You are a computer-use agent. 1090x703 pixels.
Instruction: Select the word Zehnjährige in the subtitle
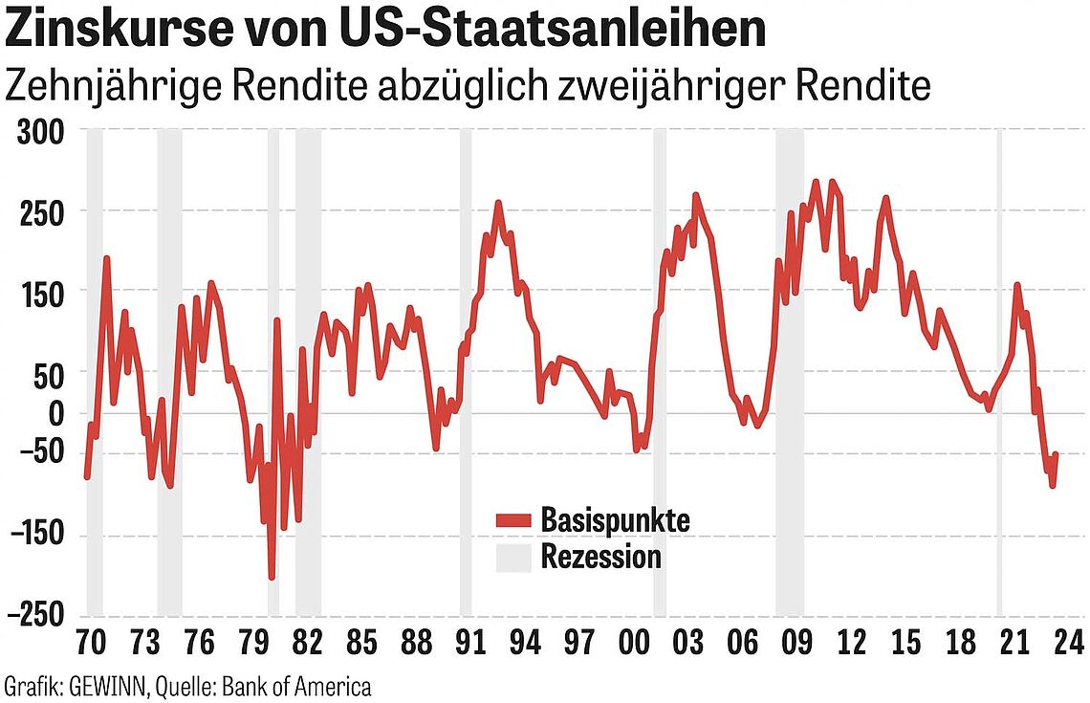pyautogui.click(x=112, y=86)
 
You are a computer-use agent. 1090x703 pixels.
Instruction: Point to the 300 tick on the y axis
pyautogui.click(x=42, y=132)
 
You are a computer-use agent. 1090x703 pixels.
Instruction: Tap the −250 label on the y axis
pyautogui.click(x=35, y=615)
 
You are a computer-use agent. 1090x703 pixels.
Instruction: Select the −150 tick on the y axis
pyautogui.click(x=35, y=537)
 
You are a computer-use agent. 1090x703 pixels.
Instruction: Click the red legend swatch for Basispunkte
pyautogui.click(x=512, y=520)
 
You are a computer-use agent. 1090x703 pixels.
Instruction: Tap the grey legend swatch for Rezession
pyautogui.click(x=512, y=557)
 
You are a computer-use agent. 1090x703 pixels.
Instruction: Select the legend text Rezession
pyautogui.click(x=600, y=557)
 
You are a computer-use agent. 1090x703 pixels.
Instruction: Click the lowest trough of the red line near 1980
pyautogui.click(x=272, y=577)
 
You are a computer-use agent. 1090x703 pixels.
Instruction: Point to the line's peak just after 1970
pyautogui.click(x=106, y=258)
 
